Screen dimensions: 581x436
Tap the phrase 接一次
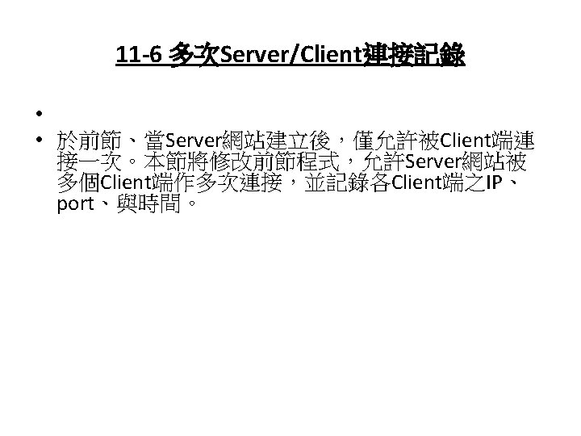click(x=86, y=161)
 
